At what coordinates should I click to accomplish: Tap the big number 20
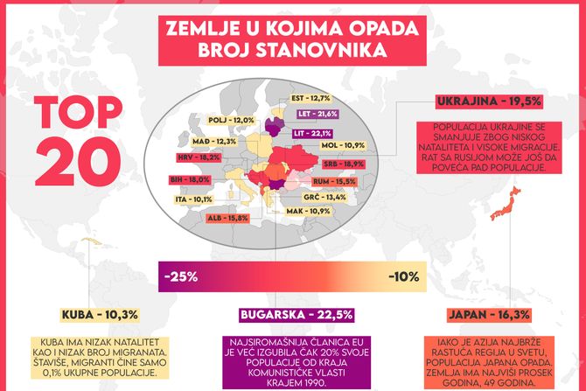tap(74, 158)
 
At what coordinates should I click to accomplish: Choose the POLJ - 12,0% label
tap(232, 120)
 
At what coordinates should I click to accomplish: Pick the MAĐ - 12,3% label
tap(215, 141)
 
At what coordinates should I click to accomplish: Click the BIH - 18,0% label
tap(192, 179)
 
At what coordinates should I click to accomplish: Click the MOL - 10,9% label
tap(343, 145)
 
